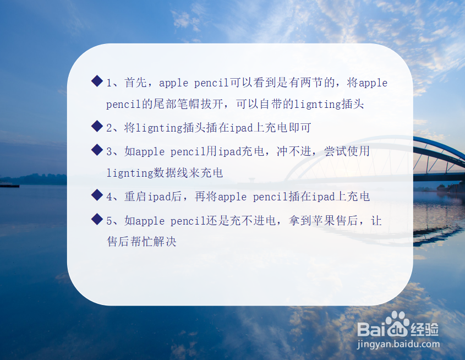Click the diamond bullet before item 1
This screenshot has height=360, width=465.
tap(97, 81)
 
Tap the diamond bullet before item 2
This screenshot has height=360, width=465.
tap(97, 126)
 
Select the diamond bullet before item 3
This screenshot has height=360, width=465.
tap(97, 150)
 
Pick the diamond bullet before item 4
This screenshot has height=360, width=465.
tap(97, 195)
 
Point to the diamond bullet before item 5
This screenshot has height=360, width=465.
tap(97, 219)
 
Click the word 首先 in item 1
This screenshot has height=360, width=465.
tap(135, 83)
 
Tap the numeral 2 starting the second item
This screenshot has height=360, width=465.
tap(109, 128)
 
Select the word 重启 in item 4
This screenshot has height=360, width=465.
tap(135, 197)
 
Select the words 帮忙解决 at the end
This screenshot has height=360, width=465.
tap(154, 242)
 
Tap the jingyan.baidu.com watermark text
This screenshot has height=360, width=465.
tap(398, 344)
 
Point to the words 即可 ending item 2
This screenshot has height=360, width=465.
tap(299, 128)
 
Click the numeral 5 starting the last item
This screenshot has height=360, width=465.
tap(109, 221)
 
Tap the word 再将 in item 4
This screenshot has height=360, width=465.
tap(206, 197)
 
